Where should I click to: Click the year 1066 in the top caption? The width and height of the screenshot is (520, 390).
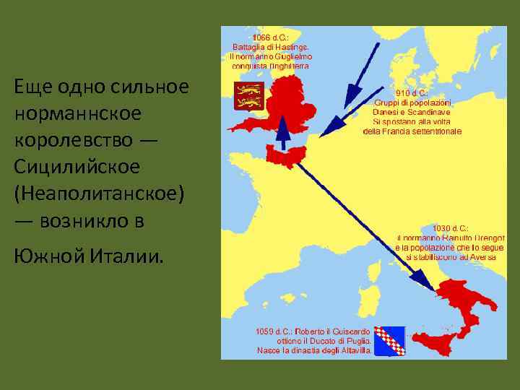click(x=260, y=38)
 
